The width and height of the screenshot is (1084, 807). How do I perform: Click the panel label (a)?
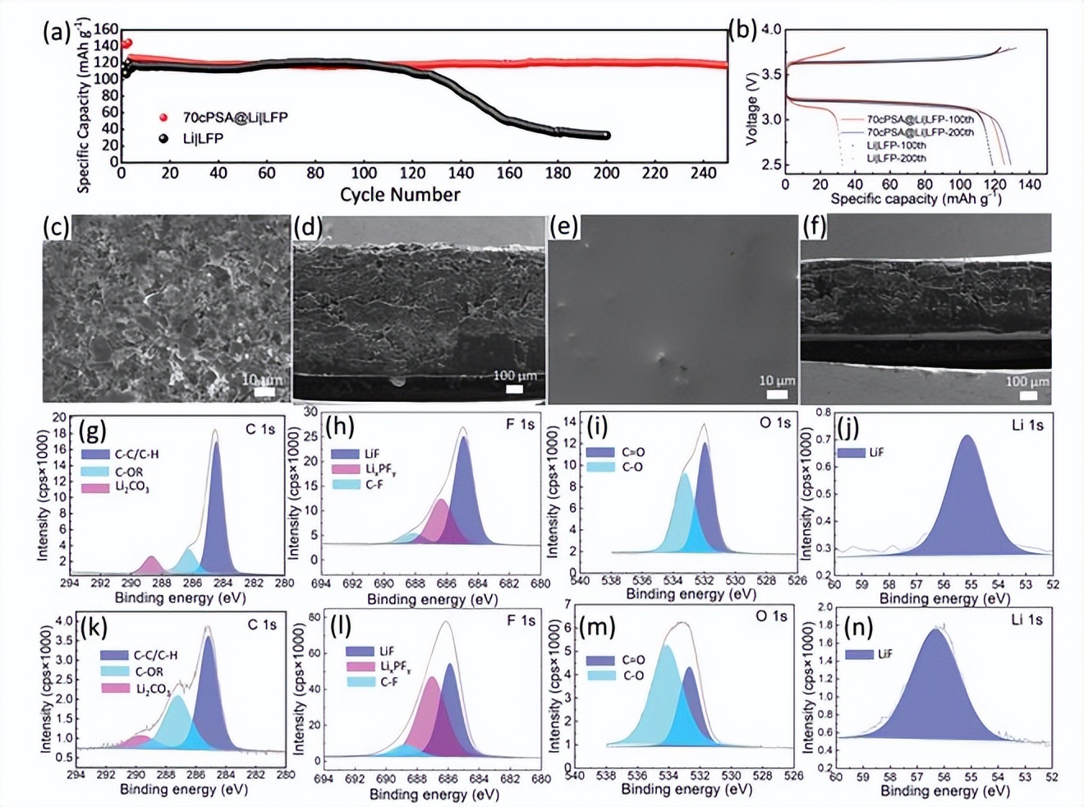pos(56,32)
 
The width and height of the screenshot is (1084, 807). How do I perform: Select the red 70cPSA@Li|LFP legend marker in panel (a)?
pos(163,118)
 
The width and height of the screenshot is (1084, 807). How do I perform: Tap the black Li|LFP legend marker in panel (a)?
pos(163,138)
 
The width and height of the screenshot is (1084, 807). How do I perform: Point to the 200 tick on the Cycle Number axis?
pos(606,173)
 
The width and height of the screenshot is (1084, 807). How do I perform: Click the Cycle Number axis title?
pos(400,195)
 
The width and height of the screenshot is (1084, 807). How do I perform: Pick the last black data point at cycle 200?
pos(606,136)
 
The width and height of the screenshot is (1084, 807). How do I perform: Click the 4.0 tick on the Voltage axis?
pos(771,30)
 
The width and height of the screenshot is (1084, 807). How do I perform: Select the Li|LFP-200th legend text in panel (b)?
pos(896,158)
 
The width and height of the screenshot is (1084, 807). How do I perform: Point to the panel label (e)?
pos(563,226)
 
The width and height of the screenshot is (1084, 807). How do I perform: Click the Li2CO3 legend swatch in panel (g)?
pos(94,488)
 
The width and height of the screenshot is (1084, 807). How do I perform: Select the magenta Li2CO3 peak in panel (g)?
pos(151,565)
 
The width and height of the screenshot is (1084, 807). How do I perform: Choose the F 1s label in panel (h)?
pos(520,424)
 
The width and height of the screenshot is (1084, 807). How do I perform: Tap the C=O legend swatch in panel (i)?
pos(600,453)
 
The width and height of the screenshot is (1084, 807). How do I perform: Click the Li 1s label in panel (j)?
pos(1027,424)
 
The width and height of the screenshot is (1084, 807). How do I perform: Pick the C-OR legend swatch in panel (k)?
pos(115,671)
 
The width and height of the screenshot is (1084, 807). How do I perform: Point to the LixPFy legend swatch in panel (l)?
pos(361,666)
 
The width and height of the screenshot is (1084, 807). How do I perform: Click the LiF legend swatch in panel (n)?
pos(859,654)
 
